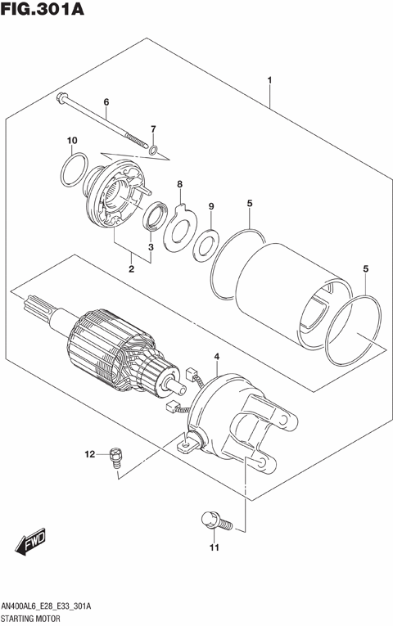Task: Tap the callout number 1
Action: (x=269, y=80)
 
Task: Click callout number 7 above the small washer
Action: (x=152, y=129)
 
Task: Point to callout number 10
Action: (x=72, y=141)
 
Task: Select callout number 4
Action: (x=217, y=357)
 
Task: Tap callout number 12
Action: (x=92, y=453)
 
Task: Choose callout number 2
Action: (x=131, y=268)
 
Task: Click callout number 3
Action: (x=151, y=246)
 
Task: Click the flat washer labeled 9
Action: (x=205, y=243)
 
